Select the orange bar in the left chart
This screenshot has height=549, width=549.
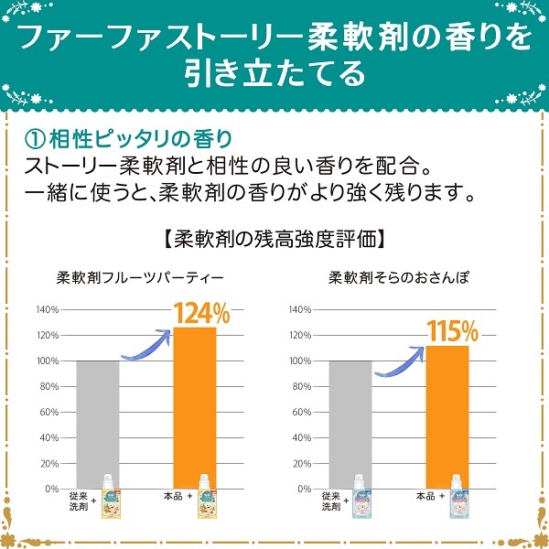point(194,407)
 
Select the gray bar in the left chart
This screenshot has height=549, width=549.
point(98,425)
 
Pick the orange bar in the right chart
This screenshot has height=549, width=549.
point(447,416)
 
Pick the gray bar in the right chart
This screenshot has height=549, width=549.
point(350,425)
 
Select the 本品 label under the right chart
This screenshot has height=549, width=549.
point(425,496)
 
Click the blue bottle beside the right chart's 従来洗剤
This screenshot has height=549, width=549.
point(361,497)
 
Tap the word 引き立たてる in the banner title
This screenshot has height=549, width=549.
point(274,71)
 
